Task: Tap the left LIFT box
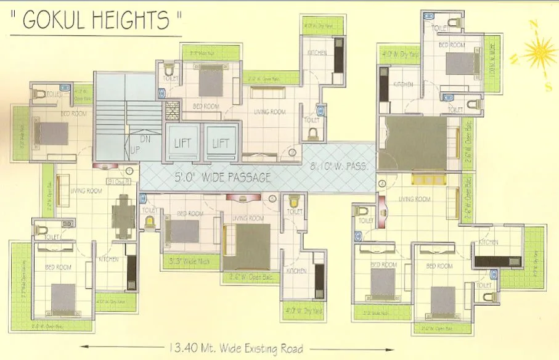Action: click(x=182, y=143)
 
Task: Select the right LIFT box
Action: click(x=221, y=143)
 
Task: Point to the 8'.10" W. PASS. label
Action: click(x=338, y=166)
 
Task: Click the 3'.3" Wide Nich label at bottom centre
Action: click(x=189, y=261)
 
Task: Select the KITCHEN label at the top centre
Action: click(x=318, y=54)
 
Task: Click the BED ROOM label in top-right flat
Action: click(x=451, y=45)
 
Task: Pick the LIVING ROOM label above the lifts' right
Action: click(x=269, y=112)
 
